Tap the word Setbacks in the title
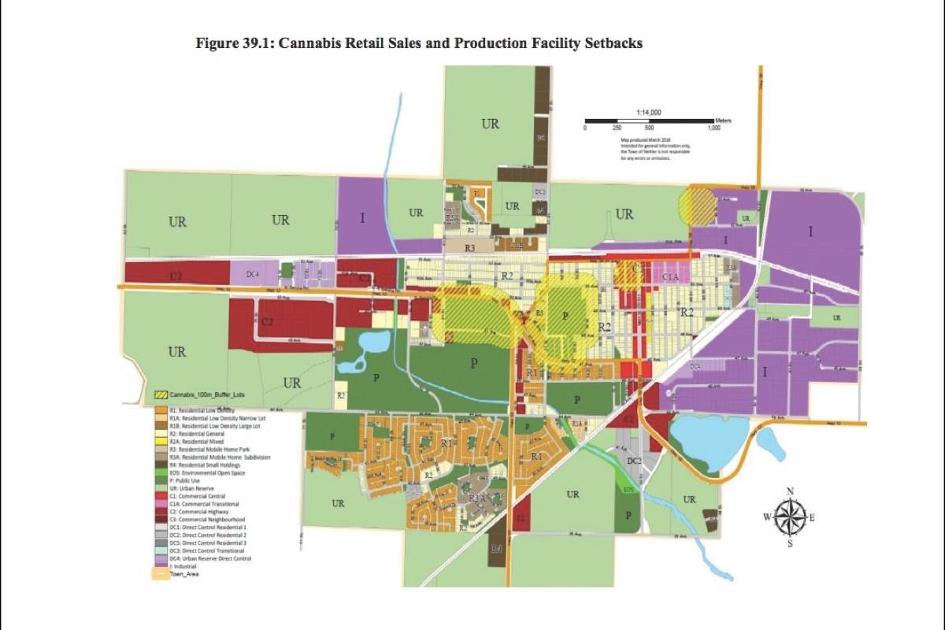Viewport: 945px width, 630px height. click(x=611, y=43)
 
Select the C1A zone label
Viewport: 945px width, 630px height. click(x=670, y=277)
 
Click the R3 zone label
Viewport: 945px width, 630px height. click(x=471, y=248)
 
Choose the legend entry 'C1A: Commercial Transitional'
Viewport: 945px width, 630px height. click(x=202, y=504)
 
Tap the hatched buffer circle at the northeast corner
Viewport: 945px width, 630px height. click(x=696, y=204)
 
